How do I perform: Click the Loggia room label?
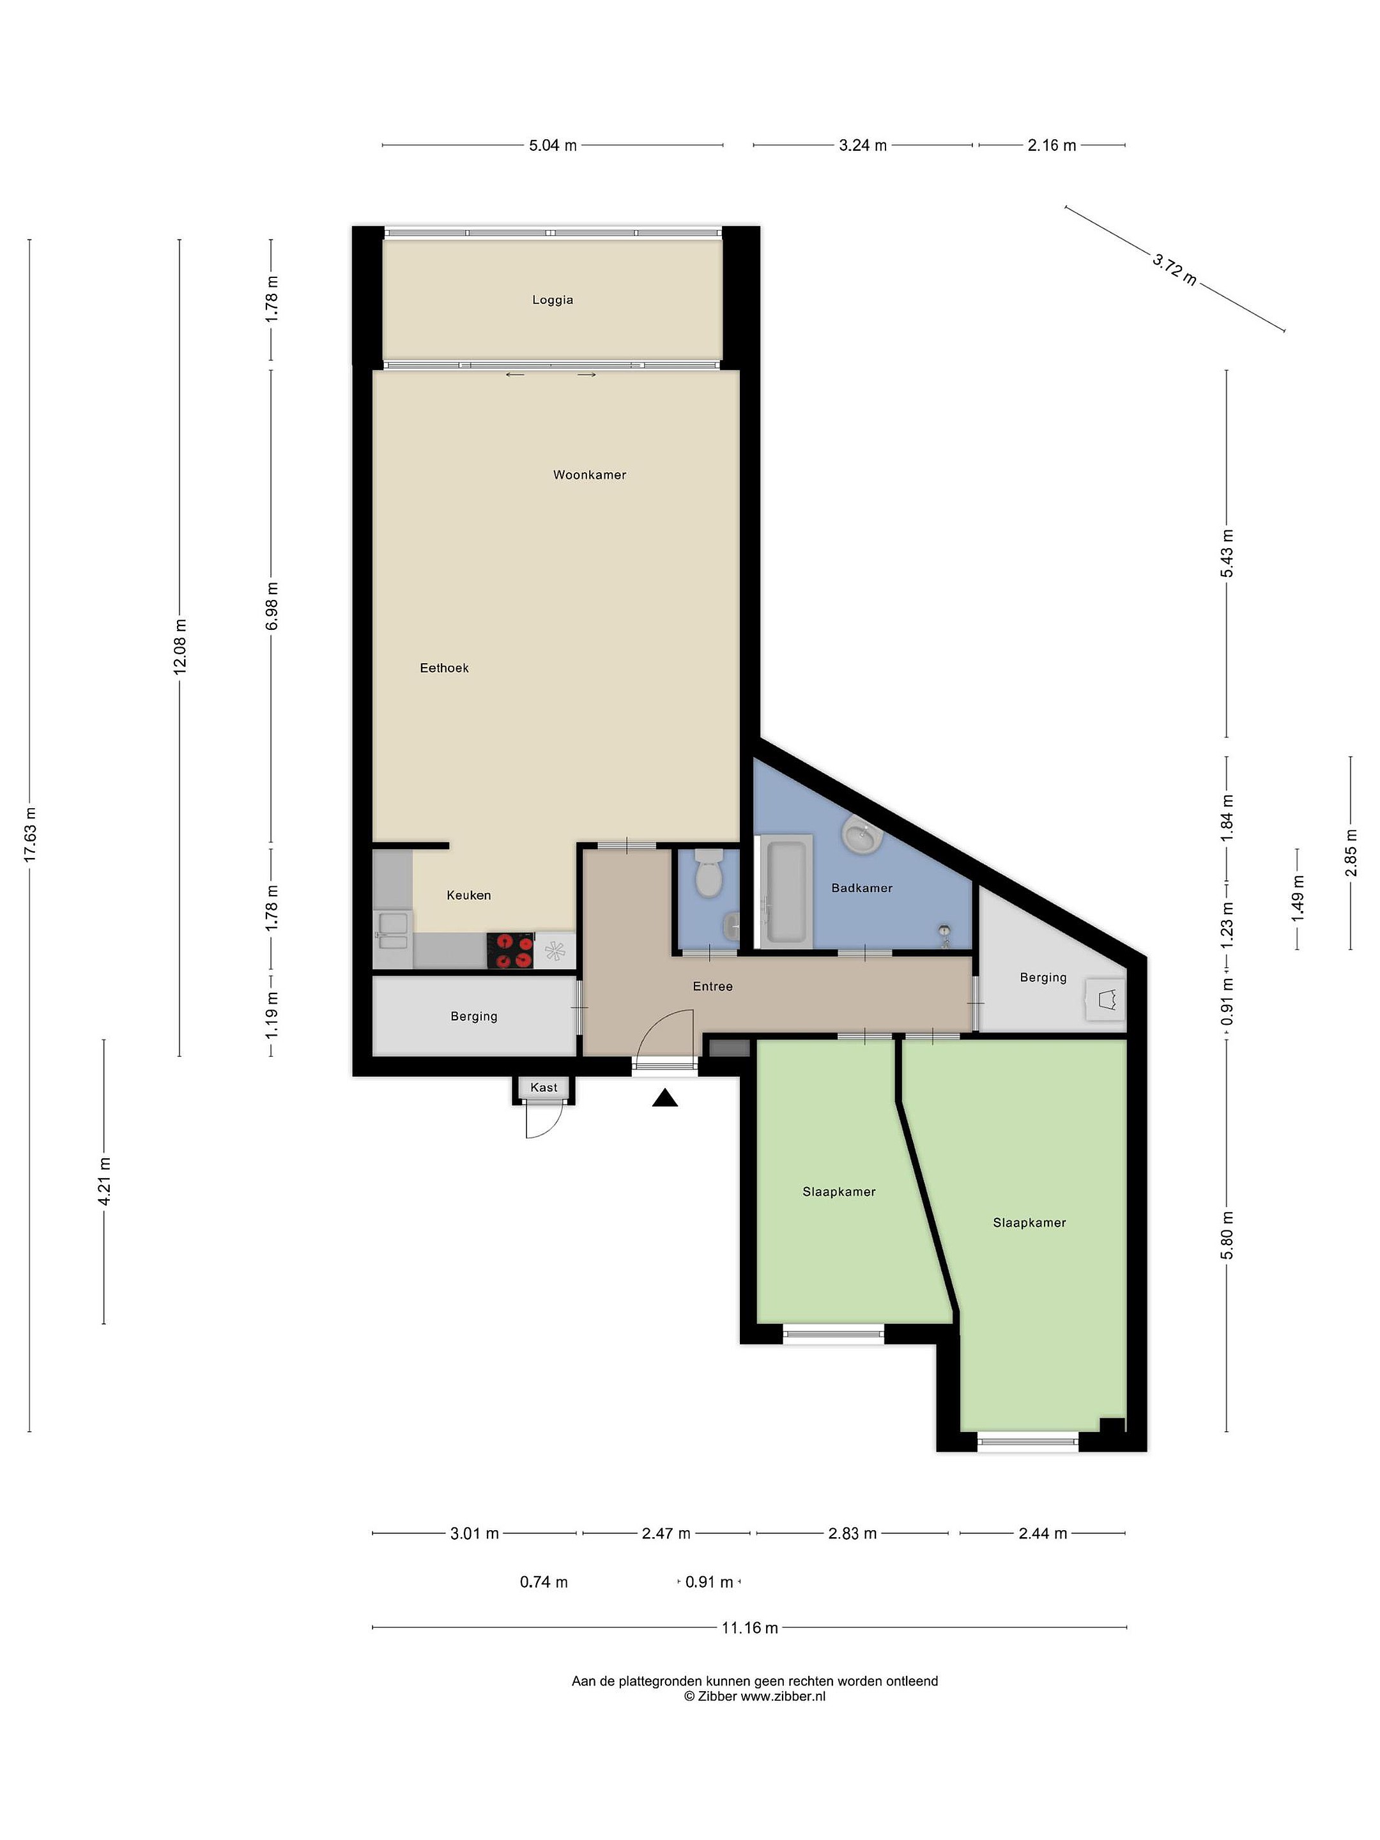coord(553,300)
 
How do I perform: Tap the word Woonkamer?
coord(589,475)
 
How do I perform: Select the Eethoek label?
coord(444,668)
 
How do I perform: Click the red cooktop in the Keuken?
coord(510,950)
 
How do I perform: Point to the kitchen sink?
coord(393,931)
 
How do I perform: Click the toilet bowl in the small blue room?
coord(708,873)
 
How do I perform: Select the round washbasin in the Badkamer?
coord(862,835)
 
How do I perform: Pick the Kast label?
coord(544,1087)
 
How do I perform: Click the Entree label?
coord(713,986)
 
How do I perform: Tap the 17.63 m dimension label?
coord(30,834)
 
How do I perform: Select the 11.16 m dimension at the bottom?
coord(749,1628)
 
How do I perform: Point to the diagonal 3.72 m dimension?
coord(1174,270)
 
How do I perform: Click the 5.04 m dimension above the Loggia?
coord(553,146)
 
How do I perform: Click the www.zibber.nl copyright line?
coord(755,1696)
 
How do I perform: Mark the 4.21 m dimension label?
coord(104,1181)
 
